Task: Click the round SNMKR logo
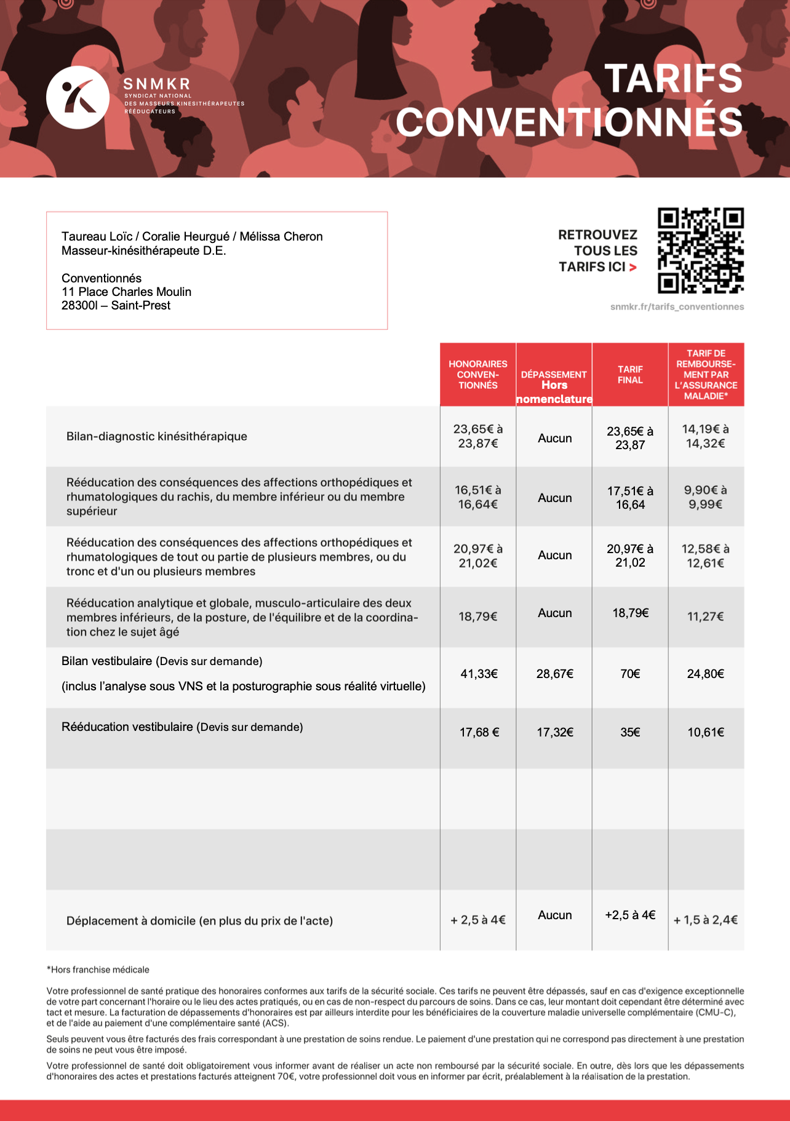coord(78,97)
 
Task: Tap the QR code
coord(700,250)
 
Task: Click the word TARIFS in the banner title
coord(674,78)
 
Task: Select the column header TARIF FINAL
coord(630,375)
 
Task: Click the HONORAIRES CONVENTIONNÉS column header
coord(478,375)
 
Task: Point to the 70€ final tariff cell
coord(630,674)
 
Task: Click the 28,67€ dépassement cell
coord(554,674)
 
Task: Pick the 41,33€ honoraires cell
coord(479,674)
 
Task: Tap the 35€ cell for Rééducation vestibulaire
coord(630,732)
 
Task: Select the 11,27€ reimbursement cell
coord(706,616)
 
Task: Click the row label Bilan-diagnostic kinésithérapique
coord(157,436)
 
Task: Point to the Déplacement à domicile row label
coord(199,921)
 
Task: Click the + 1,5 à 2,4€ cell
coord(706,920)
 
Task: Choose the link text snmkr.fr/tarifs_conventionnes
coord(677,307)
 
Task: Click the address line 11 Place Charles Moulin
coord(126,292)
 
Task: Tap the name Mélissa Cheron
coord(281,236)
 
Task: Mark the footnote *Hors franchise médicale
coord(98,970)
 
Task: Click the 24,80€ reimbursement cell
coord(706,674)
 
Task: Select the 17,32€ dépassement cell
coord(554,732)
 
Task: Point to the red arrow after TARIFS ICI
coord(633,267)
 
